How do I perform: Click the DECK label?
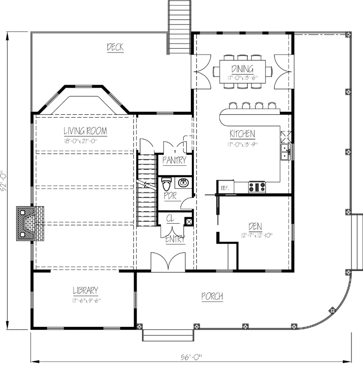click(x=115, y=48)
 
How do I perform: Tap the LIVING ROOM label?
click(x=85, y=131)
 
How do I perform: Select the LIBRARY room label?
click(x=85, y=290)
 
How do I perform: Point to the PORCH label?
click(x=212, y=297)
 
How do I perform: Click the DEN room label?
click(x=255, y=225)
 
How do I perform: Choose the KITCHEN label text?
click(x=242, y=134)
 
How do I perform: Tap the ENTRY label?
click(x=175, y=240)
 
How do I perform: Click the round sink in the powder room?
click(x=184, y=183)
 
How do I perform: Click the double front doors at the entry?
click(x=169, y=263)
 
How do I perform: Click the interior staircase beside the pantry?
click(x=147, y=190)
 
